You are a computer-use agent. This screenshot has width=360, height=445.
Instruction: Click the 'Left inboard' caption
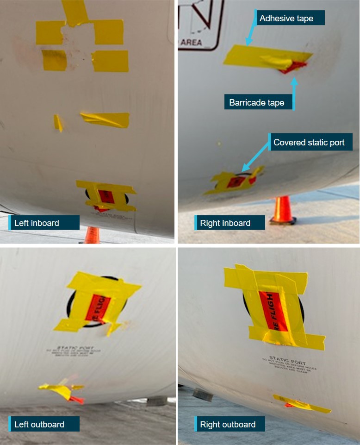point(37,223)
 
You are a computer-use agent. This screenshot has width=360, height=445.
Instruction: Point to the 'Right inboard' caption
point(225,223)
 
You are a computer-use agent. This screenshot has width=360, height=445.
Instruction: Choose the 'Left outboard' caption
point(40,424)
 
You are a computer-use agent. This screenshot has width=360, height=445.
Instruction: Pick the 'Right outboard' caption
point(228,424)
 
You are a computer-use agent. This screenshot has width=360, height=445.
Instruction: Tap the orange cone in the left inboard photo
point(92,235)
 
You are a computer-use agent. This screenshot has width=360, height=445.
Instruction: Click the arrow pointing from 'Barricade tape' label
point(293,90)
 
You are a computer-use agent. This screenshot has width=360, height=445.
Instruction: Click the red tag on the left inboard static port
point(105,197)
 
